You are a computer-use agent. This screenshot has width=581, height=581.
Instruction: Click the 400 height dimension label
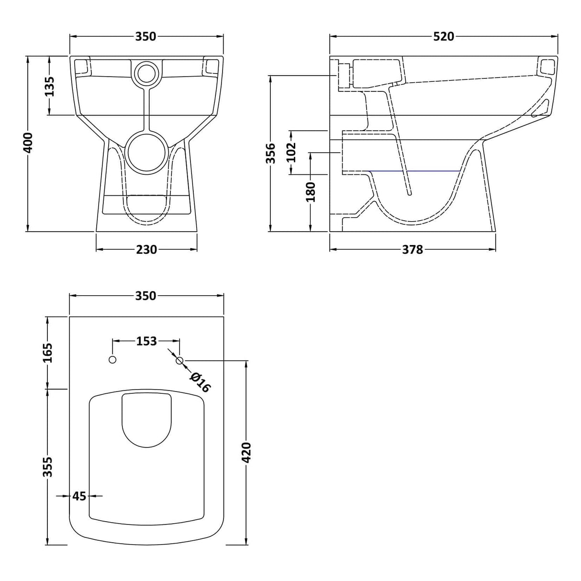29,143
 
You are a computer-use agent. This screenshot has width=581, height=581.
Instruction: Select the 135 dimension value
49,86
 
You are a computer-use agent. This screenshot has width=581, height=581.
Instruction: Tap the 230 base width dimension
146,249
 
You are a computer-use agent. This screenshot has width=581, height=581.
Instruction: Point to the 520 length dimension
443,36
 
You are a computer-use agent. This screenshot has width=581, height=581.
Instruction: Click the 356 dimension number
271,153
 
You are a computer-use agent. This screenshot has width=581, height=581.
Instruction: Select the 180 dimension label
311,191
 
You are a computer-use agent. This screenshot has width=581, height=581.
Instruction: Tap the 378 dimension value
412,249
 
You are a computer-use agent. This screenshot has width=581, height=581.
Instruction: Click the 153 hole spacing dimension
146,341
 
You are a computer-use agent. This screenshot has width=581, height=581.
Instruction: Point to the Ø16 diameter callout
200,382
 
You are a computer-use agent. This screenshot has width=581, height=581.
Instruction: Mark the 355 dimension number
48,467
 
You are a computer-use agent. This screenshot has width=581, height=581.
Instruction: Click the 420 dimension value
246,452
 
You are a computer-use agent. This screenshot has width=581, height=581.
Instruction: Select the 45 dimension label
79,496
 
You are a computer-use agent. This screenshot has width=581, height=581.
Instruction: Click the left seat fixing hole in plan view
113,360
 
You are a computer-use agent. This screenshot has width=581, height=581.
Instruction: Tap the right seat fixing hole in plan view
180,360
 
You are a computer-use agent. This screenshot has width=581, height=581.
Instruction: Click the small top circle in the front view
146,73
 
